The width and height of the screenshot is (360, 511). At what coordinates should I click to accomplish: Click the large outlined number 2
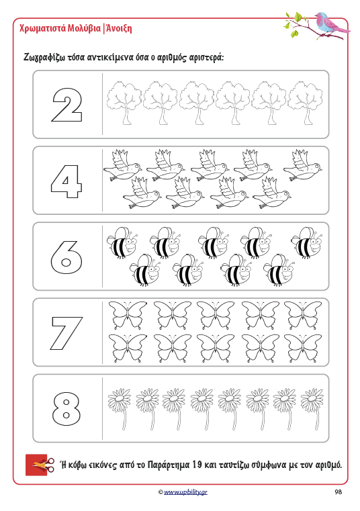67,105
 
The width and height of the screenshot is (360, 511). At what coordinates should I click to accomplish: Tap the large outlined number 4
66,181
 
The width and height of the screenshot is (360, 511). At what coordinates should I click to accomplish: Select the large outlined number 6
66,257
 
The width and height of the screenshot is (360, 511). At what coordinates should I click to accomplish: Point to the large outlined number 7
66,333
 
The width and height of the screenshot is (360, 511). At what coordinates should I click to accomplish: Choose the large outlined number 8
66,409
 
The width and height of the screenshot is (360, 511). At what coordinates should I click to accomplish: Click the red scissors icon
40,465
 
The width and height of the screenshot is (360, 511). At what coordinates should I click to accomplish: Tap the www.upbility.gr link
185,492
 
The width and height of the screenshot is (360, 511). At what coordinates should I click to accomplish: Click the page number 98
338,492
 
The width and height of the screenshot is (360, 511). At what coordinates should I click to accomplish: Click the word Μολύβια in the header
84,29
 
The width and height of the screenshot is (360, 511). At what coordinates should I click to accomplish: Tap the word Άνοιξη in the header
118,29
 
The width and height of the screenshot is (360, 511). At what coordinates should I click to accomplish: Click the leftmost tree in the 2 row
124,103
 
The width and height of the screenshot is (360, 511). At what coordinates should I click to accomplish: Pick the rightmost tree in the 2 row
305,103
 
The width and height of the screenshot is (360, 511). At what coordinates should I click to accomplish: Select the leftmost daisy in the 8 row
120,409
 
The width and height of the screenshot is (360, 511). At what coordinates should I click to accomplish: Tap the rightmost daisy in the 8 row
312,409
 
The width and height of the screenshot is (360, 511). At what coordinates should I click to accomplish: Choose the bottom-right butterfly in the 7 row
303,348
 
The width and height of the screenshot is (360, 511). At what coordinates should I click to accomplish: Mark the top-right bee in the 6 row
307,242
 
